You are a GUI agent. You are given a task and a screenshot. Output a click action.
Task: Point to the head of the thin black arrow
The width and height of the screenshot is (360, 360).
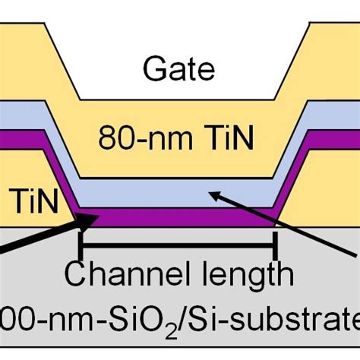pyautogui.click(x=212, y=195)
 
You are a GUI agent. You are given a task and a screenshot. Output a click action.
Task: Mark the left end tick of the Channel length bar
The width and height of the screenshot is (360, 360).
pyautogui.click(x=81, y=245)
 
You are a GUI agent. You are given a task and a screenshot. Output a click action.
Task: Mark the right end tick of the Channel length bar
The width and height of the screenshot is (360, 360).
pyautogui.click(x=275, y=245)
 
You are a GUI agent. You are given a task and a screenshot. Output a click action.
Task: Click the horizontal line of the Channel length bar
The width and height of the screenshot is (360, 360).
pyautogui.click(x=178, y=245)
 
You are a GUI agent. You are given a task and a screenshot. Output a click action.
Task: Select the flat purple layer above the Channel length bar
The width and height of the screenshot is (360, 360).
pyautogui.click(x=178, y=219)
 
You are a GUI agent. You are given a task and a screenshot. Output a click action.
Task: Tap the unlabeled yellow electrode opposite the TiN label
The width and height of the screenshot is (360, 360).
pyautogui.click(x=327, y=197)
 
